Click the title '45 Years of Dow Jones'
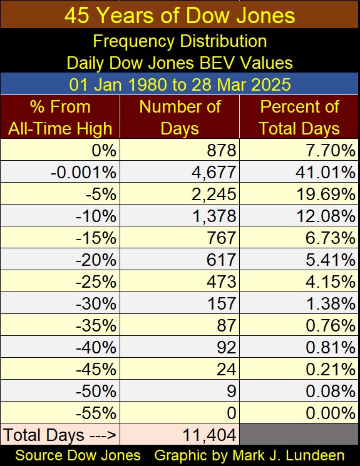click(x=180, y=16)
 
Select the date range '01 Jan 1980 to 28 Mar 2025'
click(x=180, y=84)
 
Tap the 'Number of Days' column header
click(x=180, y=118)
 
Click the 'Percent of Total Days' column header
click(x=299, y=118)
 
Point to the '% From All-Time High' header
click(x=60, y=118)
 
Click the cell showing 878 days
click(x=222, y=150)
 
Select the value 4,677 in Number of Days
click(x=214, y=173)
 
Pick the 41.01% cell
click(x=326, y=173)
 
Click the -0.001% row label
click(x=84, y=173)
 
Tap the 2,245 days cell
click(x=214, y=195)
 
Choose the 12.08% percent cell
click(x=326, y=216)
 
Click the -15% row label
click(x=96, y=238)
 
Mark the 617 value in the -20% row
click(x=222, y=260)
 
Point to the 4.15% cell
click(x=331, y=281)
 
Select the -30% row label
click(x=96, y=304)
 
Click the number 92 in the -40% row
click(x=227, y=347)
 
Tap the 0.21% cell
click(x=331, y=370)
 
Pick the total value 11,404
click(x=209, y=435)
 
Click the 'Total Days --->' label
click(x=60, y=435)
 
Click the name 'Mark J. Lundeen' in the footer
click(x=288, y=455)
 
